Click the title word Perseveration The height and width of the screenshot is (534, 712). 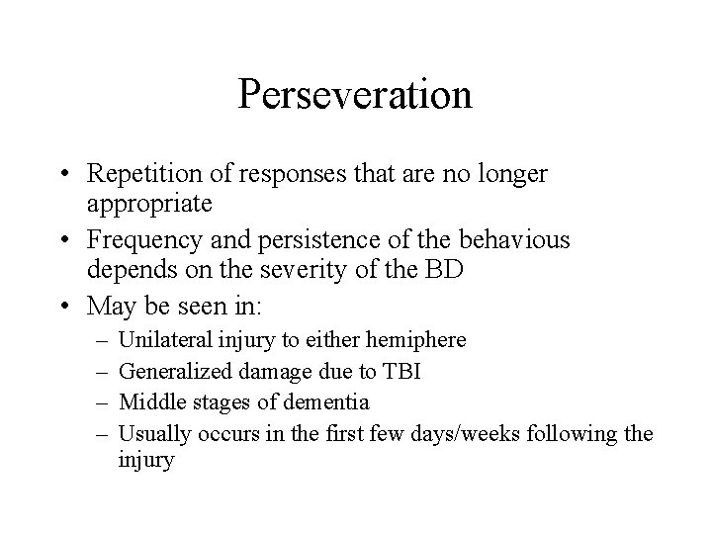point(355,95)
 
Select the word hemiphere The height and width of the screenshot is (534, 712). point(417,340)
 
